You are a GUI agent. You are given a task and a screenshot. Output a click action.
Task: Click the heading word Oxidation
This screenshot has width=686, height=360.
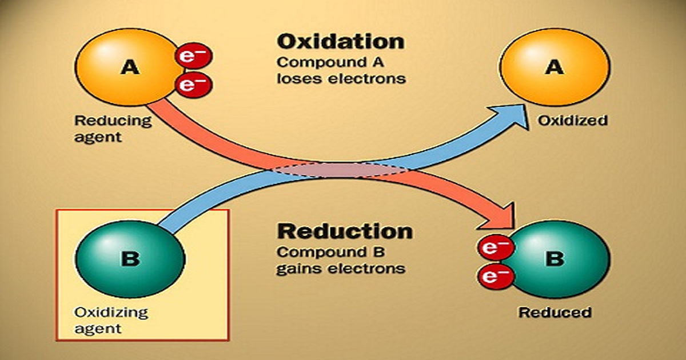[341, 42]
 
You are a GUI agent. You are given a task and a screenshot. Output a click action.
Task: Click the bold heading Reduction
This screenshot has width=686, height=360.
[344, 231]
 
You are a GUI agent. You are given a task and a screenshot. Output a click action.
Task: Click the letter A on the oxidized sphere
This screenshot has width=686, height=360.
[553, 67]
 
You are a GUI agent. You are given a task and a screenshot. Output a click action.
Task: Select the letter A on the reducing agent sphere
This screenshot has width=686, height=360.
[130, 68]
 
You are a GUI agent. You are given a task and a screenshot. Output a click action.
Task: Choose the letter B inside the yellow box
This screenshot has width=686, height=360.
[130, 259]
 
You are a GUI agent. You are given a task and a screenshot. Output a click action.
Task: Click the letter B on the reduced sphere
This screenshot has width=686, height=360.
[553, 259]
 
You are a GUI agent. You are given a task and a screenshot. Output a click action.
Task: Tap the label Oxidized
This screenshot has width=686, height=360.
[571, 121]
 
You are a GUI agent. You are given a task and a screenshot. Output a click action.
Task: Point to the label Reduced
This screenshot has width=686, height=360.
[554, 312]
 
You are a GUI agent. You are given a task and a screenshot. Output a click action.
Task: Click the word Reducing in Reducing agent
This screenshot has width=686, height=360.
[113, 121]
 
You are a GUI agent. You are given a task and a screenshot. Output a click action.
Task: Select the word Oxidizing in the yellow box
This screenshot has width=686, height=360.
[111, 313]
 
